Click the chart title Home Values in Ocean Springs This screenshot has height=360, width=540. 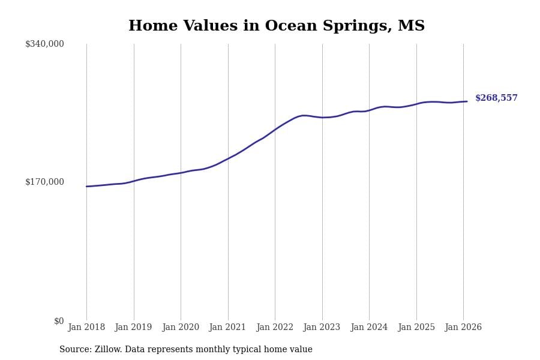(276, 26)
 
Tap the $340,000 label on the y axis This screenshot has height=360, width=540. (44, 44)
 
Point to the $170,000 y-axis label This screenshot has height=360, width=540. (44, 182)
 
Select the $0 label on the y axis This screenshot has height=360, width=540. (59, 321)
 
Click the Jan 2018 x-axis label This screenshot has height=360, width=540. (86, 328)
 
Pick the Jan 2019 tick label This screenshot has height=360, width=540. (133, 328)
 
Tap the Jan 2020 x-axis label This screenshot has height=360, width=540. (181, 328)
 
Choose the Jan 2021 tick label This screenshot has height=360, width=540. (227, 328)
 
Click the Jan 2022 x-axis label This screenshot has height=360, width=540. (275, 328)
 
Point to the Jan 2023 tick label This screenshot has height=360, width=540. (322, 328)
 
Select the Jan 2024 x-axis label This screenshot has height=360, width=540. (369, 328)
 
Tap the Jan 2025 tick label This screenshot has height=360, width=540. (416, 328)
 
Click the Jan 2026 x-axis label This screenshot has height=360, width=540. (463, 328)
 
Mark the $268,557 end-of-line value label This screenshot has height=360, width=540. (496, 98)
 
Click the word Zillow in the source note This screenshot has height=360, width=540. (108, 350)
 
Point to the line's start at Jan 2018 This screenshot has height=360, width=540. (86, 187)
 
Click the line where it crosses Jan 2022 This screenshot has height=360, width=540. (275, 130)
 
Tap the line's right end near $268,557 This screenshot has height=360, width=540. (467, 101)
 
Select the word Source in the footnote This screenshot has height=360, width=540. (74, 350)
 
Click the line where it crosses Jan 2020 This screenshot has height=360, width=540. (181, 173)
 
